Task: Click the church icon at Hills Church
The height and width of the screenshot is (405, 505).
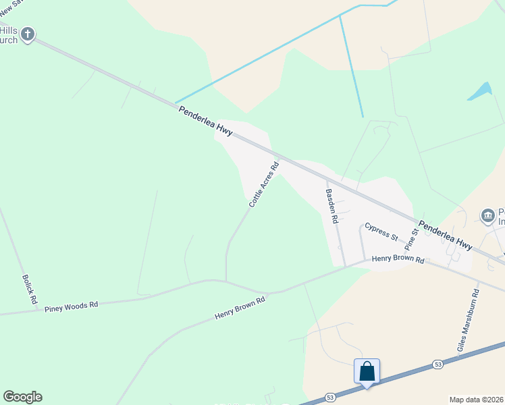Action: click(x=28, y=34)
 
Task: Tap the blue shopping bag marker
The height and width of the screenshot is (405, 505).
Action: click(x=367, y=372)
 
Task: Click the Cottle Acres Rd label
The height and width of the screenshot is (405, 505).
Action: click(x=263, y=184)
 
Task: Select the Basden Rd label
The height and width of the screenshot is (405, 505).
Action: click(x=331, y=206)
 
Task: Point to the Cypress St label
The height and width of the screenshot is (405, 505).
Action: click(x=381, y=232)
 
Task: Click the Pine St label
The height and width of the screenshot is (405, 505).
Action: click(x=412, y=240)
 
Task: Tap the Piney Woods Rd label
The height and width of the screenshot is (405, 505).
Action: click(x=71, y=306)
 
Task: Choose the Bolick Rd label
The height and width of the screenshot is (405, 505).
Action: click(x=28, y=289)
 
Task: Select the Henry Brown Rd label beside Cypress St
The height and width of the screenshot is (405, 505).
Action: click(x=398, y=259)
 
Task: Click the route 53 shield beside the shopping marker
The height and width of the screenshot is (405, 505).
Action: click(x=330, y=397)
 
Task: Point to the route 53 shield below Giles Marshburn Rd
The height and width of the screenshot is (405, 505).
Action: click(x=438, y=365)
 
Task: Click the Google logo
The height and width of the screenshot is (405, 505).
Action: click(x=22, y=397)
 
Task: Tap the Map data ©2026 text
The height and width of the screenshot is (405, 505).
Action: click(x=477, y=400)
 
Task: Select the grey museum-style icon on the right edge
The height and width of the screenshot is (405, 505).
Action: click(x=488, y=215)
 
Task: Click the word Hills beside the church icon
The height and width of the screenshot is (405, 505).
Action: click(x=8, y=31)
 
